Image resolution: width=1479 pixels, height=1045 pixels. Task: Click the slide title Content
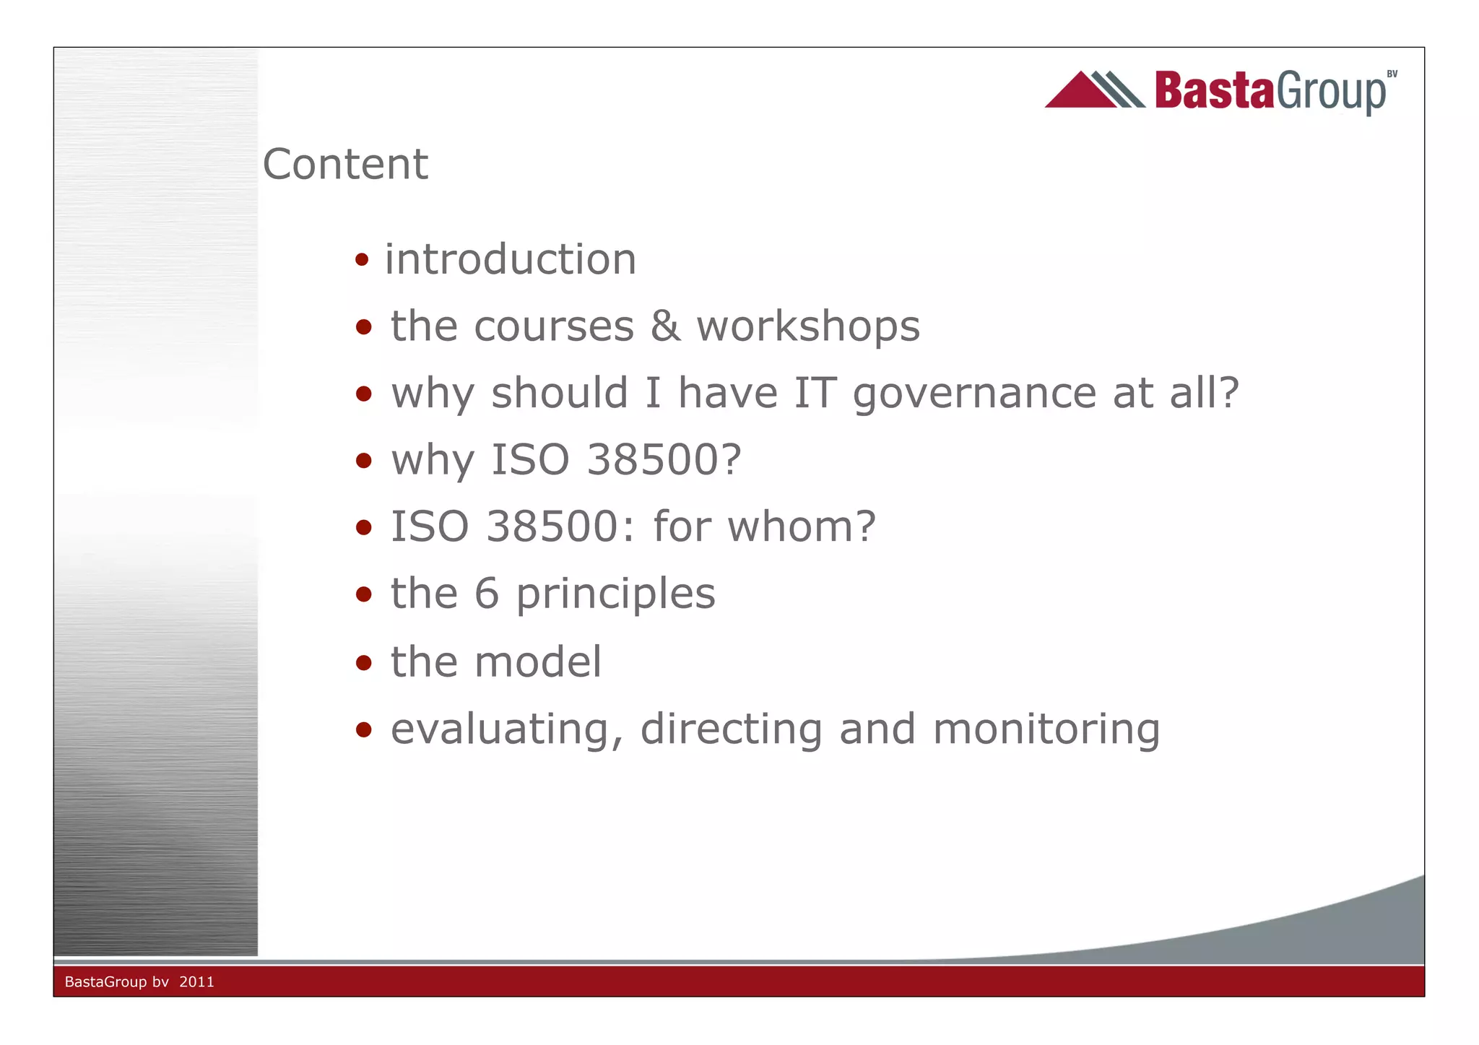tap(345, 164)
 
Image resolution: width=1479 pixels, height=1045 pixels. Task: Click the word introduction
tap(510, 259)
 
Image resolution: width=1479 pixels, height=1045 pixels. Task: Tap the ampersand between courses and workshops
tap(665, 326)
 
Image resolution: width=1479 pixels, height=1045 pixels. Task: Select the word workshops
tap(808, 326)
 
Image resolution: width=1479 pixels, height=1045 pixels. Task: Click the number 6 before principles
tap(487, 594)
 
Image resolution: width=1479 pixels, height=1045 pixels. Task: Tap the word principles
tap(615, 595)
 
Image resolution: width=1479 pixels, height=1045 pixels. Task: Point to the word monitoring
tap(1046, 729)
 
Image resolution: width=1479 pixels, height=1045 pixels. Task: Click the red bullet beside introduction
tap(362, 259)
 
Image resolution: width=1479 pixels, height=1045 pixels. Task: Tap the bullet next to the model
tap(363, 662)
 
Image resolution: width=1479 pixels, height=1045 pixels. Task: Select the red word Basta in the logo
tap(1214, 91)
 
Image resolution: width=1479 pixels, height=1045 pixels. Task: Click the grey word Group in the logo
tap(1330, 93)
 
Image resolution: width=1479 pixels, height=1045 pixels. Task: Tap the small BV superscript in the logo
tap(1392, 74)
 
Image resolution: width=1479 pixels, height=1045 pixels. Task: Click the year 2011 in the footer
tap(196, 982)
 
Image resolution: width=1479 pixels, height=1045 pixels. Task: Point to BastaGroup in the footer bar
tap(105, 982)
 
